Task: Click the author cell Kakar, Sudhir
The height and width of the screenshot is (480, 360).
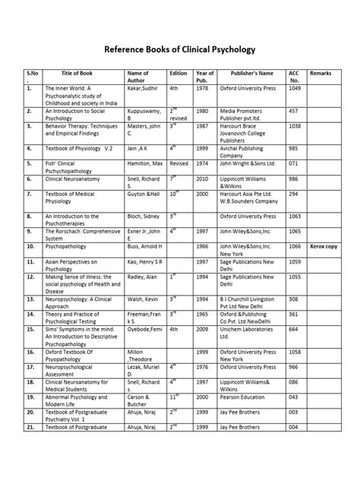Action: pyautogui.click(x=143, y=89)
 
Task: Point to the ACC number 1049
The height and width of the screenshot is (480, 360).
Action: pyautogui.click(x=295, y=89)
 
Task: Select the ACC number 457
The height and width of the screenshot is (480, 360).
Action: pyautogui.click(x=293, y=110)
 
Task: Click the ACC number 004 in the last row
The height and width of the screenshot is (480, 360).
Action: pyautogui.click(x=293, y=450)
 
